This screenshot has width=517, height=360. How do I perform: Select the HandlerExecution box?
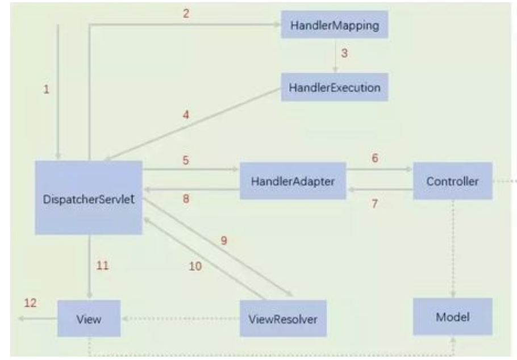pyautogui.click(x=335, y=87)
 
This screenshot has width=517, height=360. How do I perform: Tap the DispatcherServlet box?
pyautogui.click(x=88, y=198)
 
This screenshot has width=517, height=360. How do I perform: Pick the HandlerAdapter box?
pyautogui.click(x=293, y=182)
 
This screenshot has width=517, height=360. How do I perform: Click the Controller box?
pyautogui.click(x=452, y=182)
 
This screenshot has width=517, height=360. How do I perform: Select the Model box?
pyautogui.click(x=452, y=317)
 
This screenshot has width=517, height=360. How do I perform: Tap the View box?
pyautogui.click(x=89, y=319)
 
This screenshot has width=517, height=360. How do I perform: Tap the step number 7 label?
pyautogui.click(x=374, y=203)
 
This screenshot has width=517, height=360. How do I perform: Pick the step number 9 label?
pyautogui.click(x=224, y=240)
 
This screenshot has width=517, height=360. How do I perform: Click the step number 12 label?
pyautogui.click(x=30, y=303)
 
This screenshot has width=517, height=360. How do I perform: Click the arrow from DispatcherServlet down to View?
pyautogui.click(x=89, y=267)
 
